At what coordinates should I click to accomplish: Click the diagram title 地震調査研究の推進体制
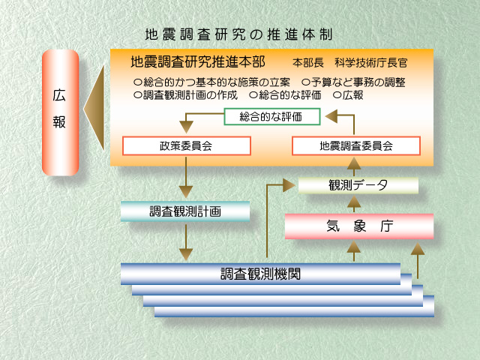[x=238, y=34]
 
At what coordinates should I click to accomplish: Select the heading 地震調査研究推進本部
[x=196, y=61]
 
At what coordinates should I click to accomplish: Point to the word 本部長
[x=307, y=63]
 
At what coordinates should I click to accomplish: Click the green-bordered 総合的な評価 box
[x=272, y=116]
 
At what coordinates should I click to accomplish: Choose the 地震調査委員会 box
[x=355, y=145]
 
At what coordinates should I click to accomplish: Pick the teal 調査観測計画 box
[x=184, y=211]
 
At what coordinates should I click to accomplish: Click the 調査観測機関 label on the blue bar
[x=260, y=273]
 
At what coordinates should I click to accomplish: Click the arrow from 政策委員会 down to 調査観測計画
[x=185, y=180]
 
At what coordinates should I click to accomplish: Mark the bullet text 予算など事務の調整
[x=352, y=82]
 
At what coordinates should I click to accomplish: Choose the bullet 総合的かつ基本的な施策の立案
[x=212, y=82]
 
